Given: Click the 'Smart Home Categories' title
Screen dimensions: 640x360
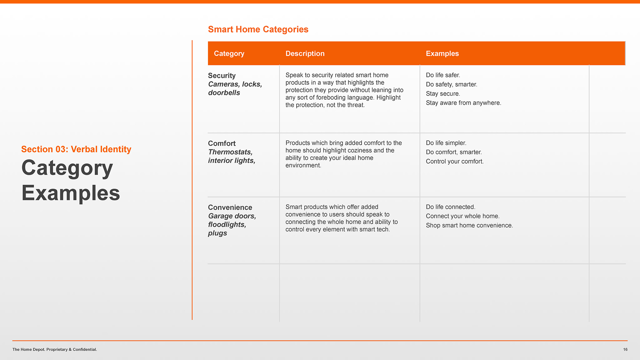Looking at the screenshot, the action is click(258, 29).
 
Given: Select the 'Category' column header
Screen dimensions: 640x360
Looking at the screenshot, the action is click(229, 54).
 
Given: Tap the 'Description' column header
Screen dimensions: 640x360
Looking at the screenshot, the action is click(305, 53).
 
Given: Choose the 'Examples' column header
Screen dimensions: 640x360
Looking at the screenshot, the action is click(442, 53).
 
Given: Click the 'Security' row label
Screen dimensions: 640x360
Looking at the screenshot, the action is click(222, 76).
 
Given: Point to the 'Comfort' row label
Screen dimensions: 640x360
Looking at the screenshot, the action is click(222, 143).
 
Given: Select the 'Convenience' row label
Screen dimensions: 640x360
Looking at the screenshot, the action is click(230, 207).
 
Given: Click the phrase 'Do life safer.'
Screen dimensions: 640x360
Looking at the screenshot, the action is click(443, 75).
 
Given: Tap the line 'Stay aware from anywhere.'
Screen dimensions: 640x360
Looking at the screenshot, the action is click(463, 103).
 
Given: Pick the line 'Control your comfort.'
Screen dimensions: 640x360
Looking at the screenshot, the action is click(455, 161).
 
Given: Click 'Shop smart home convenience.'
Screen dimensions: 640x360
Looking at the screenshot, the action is click(469, 225).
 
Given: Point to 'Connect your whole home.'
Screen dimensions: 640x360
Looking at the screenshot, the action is click(463, 216).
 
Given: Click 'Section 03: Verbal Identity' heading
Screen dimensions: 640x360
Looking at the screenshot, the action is click(76, 149).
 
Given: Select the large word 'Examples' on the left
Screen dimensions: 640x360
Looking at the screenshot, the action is click(71, 193).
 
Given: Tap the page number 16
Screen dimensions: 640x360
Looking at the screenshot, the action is click(625, 349).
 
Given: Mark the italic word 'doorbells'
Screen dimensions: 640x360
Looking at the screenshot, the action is click(224, 93).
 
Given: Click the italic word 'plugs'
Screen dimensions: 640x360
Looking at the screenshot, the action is click(217, 233).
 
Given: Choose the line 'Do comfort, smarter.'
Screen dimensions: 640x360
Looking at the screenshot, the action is click(454, 152).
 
